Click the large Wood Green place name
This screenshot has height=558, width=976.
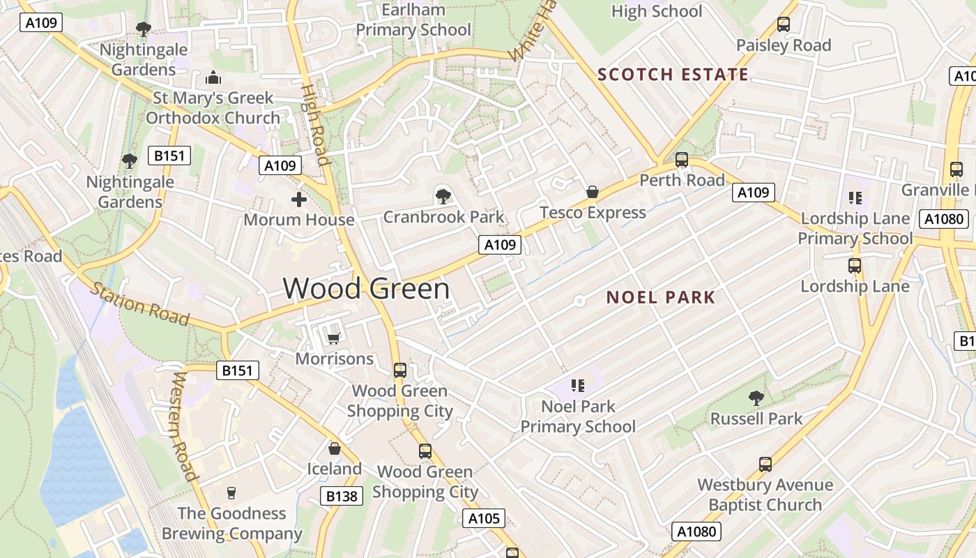366,288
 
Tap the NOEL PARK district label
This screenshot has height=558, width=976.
661,298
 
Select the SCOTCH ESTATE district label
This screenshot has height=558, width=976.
673,75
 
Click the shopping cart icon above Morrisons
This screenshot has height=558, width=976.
333,338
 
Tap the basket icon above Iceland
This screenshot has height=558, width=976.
335,448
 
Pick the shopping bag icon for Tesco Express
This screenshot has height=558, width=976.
592,192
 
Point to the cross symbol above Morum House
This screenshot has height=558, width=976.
299,200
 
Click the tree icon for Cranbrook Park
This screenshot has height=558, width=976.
443,196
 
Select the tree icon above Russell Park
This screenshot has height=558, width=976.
756,398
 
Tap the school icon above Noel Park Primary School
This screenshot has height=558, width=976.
577,386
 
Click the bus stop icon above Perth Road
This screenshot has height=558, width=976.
682,160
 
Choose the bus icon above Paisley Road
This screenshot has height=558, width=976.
784,24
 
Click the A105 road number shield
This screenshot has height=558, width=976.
483,518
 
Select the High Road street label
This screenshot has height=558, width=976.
314,126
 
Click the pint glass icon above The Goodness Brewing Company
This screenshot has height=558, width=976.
231,493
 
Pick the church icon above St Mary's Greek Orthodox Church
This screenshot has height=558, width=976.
213,77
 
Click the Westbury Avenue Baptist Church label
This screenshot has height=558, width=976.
765,495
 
